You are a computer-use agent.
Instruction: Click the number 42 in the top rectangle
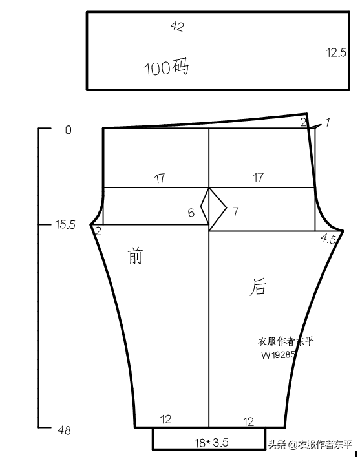click(177, 27)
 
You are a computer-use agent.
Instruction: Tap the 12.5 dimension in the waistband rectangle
click(336, 53)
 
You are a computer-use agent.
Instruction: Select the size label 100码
click(166, 67)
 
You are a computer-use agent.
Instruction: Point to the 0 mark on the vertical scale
click(69, 130)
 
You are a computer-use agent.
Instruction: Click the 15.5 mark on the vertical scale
click(65, 225)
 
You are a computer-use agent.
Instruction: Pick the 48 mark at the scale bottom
click(64, 430)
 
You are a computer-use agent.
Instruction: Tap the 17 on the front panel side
click(160, 178)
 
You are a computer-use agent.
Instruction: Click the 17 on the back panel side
click(258, 178)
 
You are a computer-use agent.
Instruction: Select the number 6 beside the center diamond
click(191, 213)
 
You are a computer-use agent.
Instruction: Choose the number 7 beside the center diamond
click(235, 211)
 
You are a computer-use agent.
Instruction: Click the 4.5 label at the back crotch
click(328, 239)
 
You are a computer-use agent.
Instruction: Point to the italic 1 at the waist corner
click(327, 122)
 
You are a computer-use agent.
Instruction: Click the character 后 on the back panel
click(258, 287)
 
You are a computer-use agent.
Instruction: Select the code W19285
click(279, 355)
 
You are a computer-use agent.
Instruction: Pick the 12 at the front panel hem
click(165, 420)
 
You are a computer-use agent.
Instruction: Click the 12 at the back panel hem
click(248, 421)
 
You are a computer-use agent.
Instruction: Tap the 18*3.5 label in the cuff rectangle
click(211, 443)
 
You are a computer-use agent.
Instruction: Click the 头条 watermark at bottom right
click(277, 445)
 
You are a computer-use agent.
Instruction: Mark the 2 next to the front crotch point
click(98, 231)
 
